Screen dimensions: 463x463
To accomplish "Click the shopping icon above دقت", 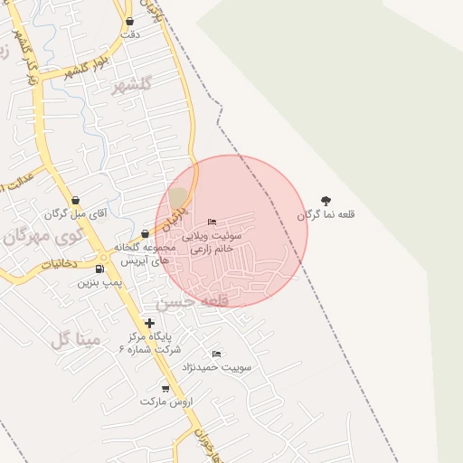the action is pos(129,21).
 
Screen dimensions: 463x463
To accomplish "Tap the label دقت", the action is pos(130,34).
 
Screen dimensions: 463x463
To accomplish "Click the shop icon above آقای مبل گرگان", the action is pos(75,200).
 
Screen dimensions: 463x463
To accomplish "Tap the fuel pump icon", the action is pos(99,269).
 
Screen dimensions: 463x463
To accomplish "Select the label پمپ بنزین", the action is pos(99,283).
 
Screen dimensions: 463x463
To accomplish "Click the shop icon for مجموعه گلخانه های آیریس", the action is pos(145,234).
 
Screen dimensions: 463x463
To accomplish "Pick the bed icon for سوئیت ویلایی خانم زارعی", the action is pos(212,222).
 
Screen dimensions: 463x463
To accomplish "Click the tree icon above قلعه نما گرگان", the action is pos(326,201).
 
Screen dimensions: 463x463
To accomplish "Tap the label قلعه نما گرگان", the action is pos(326,215).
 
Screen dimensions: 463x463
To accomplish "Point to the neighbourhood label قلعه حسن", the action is pos(190,301).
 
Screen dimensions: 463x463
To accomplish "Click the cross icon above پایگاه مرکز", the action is pos(149,322).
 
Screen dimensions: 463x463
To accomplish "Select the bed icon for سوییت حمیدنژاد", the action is pos(216,354).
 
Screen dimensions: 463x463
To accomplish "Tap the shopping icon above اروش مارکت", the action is pos(165,388).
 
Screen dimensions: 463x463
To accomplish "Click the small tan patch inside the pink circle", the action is pos(178,197).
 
